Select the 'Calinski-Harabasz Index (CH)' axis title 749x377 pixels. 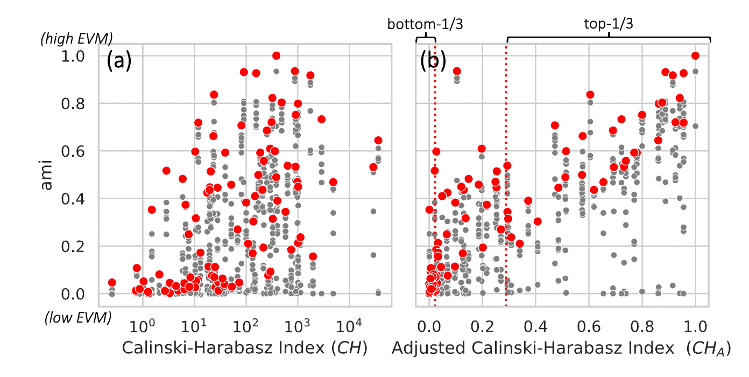point(245,348)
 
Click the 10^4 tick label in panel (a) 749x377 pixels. point(351,325)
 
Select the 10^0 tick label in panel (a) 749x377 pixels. point(144,325)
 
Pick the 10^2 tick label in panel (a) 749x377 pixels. point(247,325)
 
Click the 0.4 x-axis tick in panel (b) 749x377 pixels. point(536,326)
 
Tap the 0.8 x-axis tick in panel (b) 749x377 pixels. point(642,326)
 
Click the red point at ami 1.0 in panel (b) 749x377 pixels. point(695,55)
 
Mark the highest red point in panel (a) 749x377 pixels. point(277,55)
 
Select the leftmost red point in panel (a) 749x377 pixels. point(112,283)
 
